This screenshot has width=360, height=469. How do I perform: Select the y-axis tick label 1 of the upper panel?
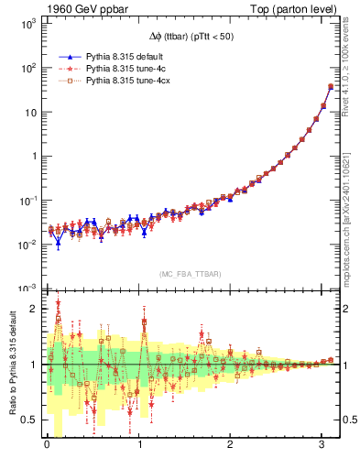34,156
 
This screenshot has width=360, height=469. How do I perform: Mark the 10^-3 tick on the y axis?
27,288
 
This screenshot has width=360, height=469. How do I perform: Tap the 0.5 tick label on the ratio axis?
29,420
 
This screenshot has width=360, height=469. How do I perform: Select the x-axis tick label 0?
47,448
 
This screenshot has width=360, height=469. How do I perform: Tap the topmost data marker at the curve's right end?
330,87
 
